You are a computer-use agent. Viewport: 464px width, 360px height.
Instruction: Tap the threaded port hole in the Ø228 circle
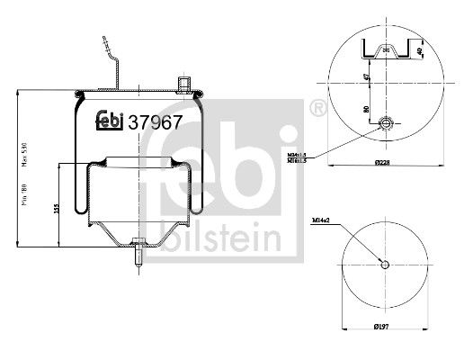pos(385,123)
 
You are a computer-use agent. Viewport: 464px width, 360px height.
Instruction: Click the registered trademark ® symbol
pos(317,109)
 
